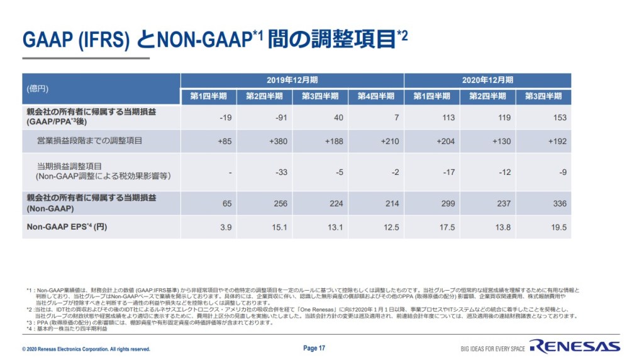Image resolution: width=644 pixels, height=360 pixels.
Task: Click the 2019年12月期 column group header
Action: click(x=292, y=81)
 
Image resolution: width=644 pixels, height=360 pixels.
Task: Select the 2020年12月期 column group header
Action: click(x=487, y=81)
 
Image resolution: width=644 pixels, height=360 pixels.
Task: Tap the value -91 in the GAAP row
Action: click(x=279, y=117)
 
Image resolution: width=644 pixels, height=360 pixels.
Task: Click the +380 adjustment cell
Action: click(x=277, y=141)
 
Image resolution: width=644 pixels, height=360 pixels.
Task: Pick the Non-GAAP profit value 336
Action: click(x=558, y=204)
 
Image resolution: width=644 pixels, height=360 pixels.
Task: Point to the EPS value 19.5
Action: click(x=558, y=227)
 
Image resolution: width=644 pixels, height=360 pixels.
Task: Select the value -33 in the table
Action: click(x=279, y=172)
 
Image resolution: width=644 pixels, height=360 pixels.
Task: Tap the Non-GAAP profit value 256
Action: click(x=279, y=204)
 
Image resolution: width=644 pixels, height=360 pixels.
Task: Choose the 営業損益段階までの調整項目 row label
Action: click(x=90, y=141)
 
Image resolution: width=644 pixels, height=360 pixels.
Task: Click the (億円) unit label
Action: click(x=37, y=89)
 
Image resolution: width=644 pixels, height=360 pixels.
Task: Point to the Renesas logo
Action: click(x=574, y=346)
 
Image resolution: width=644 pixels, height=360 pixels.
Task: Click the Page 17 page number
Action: click(x=314, y=348)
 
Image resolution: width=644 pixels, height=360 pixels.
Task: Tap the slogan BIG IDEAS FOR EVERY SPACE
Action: click(x=492, y=349)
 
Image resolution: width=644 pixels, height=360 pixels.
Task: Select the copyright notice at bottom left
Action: click(x=86, y=349)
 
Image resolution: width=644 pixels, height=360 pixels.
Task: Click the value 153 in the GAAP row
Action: click(x=558, y=117)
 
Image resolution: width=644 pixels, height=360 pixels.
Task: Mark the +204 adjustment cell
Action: click(x=445, y=141)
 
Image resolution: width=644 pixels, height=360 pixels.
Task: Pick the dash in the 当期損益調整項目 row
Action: click(x=230, y=172)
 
